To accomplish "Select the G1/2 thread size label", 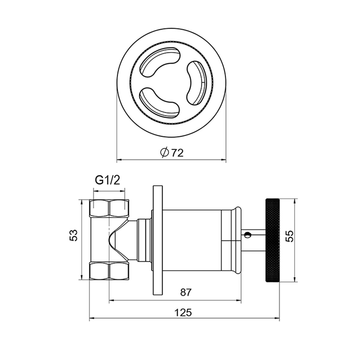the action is [107, 181].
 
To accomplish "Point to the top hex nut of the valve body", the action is [109, 208].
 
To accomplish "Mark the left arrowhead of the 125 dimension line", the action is [92, 318].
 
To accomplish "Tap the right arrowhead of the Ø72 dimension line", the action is [224, 160].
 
